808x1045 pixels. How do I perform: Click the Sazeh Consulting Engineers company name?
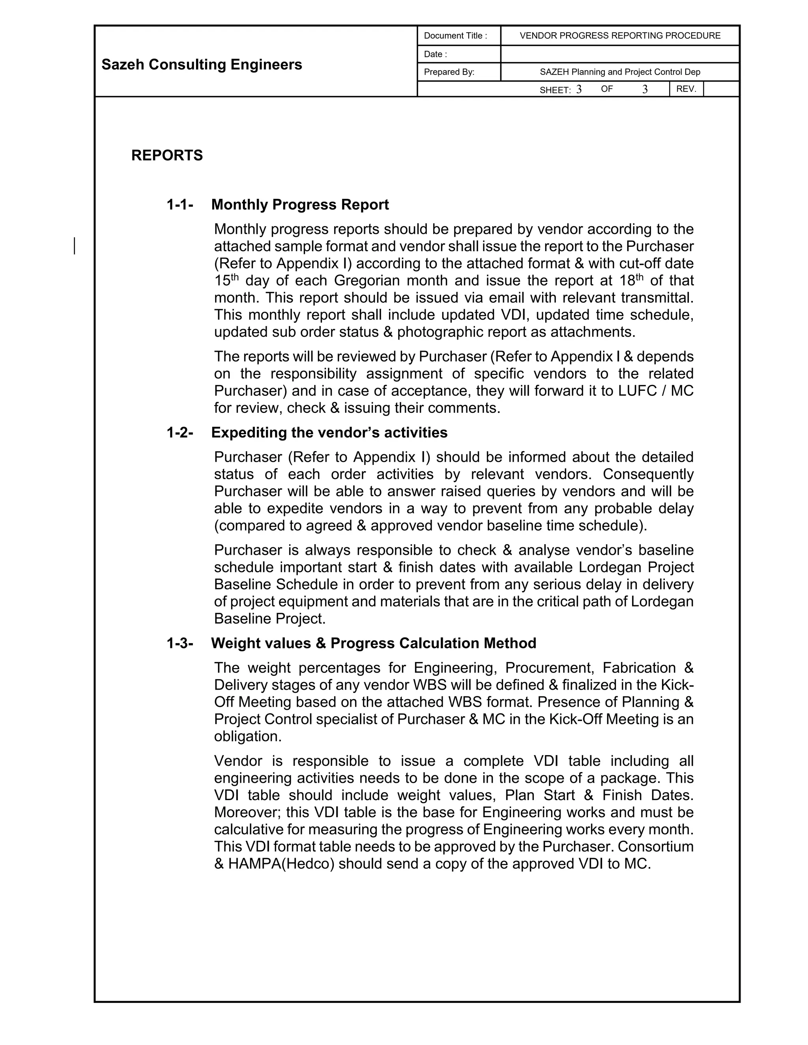[202, 65]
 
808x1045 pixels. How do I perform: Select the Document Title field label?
[455, 36]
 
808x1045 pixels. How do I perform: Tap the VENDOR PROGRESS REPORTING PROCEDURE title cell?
[620, 36]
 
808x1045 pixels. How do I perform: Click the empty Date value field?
[620, 54]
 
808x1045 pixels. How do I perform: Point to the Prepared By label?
[449, 72]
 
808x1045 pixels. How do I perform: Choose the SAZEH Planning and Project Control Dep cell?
[620, 72]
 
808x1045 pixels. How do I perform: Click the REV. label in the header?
[686, 89]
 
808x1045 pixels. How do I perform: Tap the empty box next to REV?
[721, 89]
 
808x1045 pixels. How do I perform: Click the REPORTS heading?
[167, 155]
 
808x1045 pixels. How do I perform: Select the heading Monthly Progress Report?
[300, 205]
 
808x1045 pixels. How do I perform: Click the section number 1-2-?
[180, 433]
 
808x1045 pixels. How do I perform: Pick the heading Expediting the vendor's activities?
[329, 433]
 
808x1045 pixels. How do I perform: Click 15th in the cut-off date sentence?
[226, 280]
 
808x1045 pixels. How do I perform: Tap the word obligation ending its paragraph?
[247, 736]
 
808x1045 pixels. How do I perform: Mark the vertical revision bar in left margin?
[75, 245]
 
